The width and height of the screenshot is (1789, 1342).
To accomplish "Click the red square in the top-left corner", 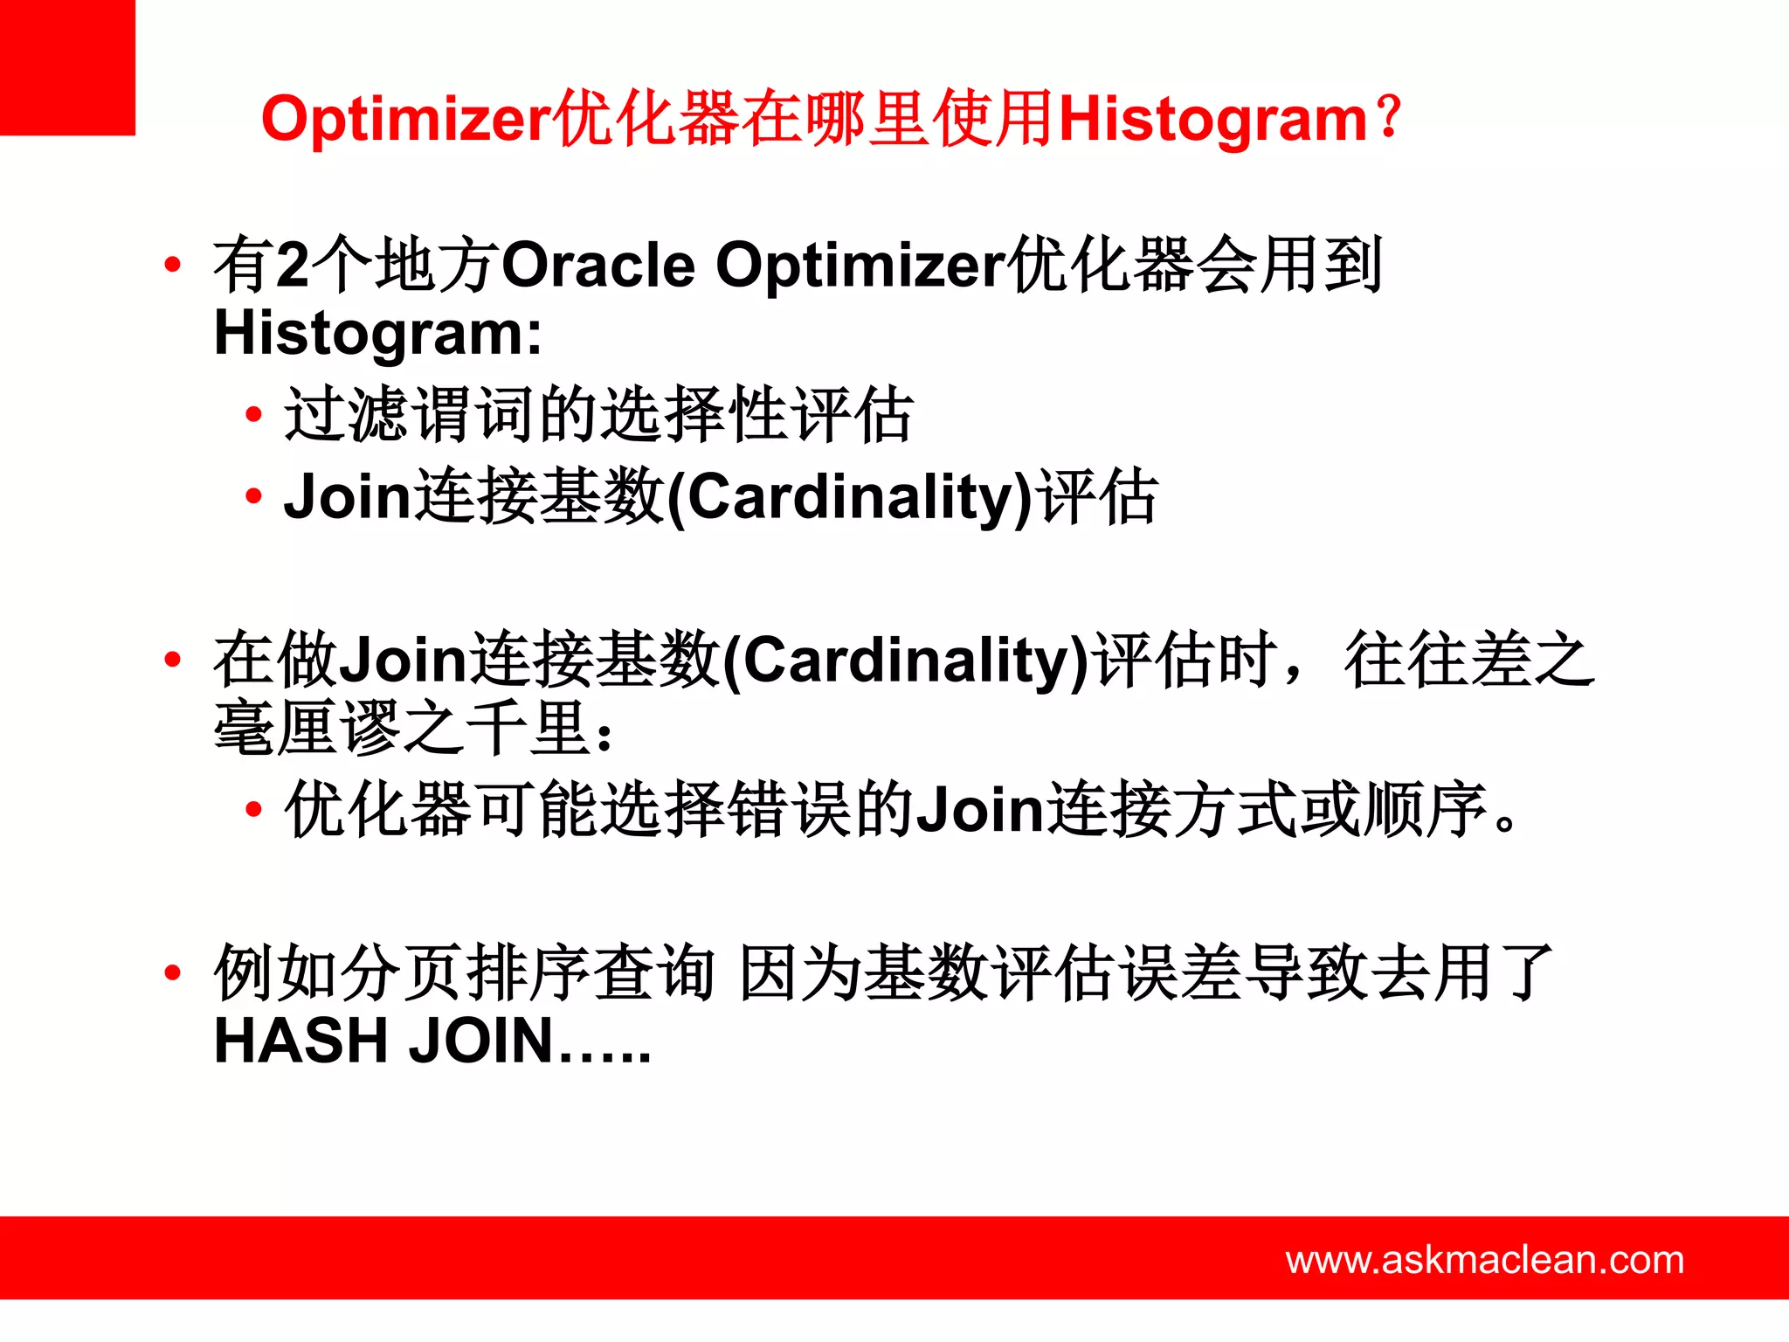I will pyautogui.click(x=67, y=67).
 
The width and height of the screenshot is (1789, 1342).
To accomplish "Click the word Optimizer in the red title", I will pyautogui.click(x=407, y=121).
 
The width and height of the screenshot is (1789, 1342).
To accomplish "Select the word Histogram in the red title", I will pyautogui.click(x=1212, y=121).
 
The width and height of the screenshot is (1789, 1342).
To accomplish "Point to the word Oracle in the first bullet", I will pyautogui.click(x=598, y=265).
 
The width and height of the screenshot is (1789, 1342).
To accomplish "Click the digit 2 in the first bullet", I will pyautogui.click(x=293, y=265).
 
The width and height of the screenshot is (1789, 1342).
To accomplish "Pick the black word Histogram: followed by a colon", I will pyautogui.click(x=378, y=334).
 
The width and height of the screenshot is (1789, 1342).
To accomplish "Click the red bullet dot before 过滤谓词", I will pyautogui.click(x=253, y=414).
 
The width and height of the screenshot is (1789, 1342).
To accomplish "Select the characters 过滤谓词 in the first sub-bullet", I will pyautogui.click(x=409, y=414).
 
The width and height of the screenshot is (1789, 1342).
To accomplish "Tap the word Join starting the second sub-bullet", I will pyautogui.click(x=347, y=496).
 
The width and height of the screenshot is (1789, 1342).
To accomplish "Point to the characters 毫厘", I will pyautogui.click(x=276, y=728).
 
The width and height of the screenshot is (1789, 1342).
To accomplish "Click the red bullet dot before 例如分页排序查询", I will pyautogui.click(x=172, y=972).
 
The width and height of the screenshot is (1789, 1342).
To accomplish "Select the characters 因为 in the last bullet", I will pyautogui.click(x=800, y=972).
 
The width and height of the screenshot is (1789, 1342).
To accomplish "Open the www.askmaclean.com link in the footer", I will pyautogui.click(x=1484, y=1260).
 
